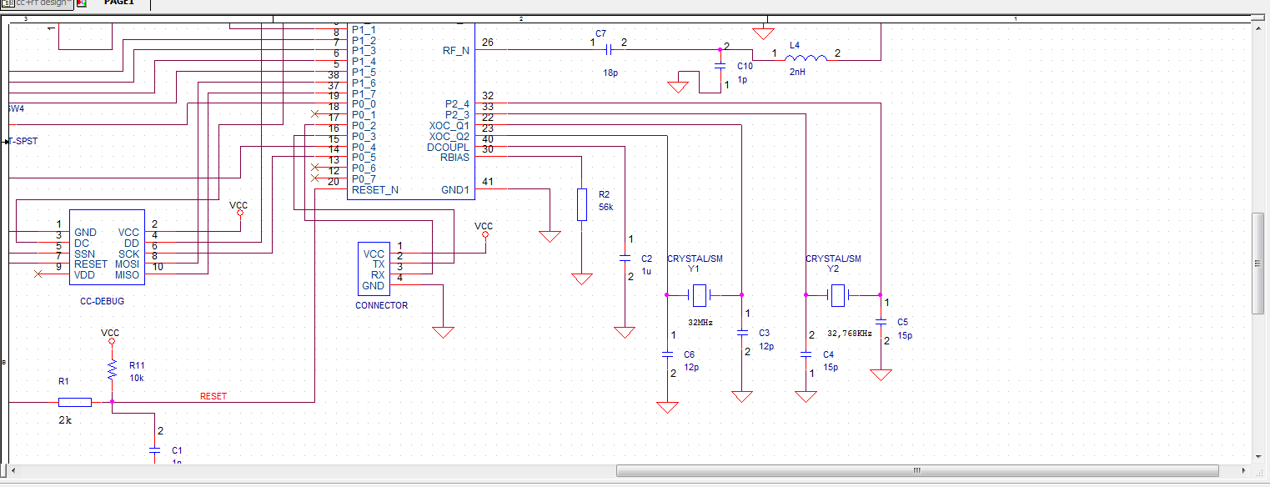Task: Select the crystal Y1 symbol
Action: pyautogui.click(x=700, y=294)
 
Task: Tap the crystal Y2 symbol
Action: pyautogui.click(x=837, y=294)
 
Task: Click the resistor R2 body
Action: pyautogui.click(x=582, y=204)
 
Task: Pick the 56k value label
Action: pyautogui.click(x=606, y=207)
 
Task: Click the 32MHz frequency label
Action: pyautogui.click(x=700, y=322)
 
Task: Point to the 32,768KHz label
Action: pyautogui.click(x=849, y=333)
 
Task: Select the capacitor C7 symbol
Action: pyautogui.click(x=608, y=49)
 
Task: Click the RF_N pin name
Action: pyautogui.click(x=455, y=50)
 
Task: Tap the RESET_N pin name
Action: pyautogui.click(x=374, y=190)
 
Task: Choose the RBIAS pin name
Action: pyautogui.click(x=454, y=158)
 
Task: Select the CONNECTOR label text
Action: pyautogui.click(x=381, y=305)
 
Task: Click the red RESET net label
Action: pyautogui.click(x=213, y=396)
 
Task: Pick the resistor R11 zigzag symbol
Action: pyautogui.click(x=111, y=370)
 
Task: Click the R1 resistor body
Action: pyautogui.click(x=75, y=402)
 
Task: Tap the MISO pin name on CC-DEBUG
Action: pyautogui.click(x=127, y=275)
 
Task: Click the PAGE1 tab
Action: pyautogui.click(x=118, y=3)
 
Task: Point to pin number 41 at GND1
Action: pyautogui.click(x=488, y=182)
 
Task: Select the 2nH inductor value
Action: pyautogui.click(x=797, y=73)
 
